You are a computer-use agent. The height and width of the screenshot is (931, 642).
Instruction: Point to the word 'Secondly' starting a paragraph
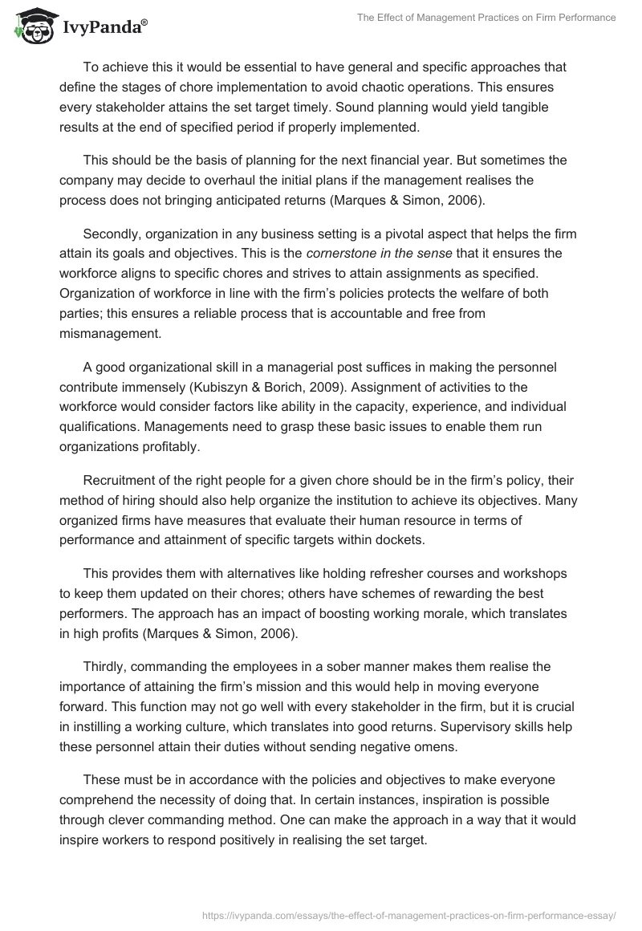tap(110, 234)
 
